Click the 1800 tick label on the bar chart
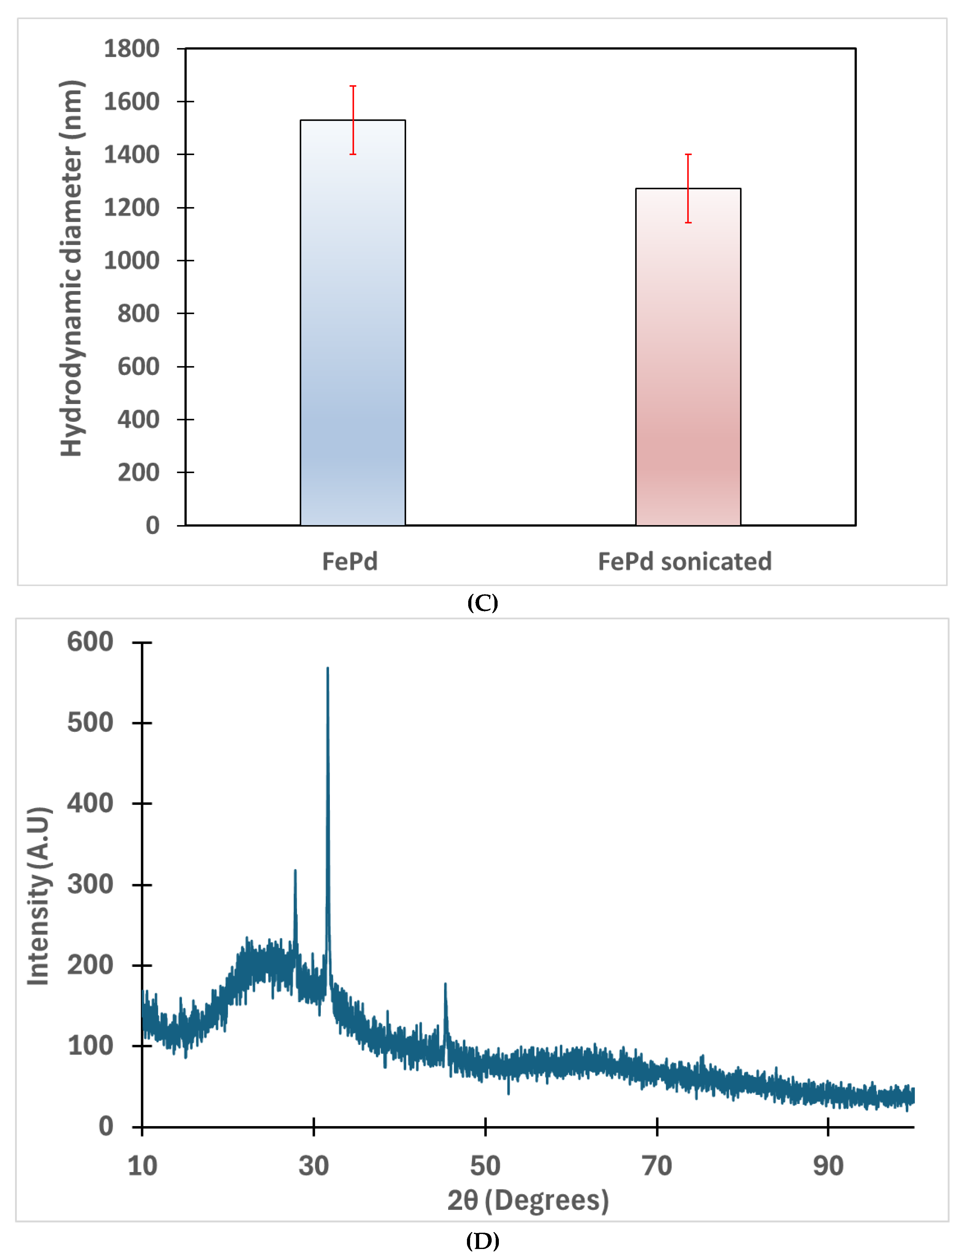point(131,49)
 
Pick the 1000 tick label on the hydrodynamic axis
point(131,260)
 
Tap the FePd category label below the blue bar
point(350,561)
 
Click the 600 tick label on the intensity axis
point(90,641)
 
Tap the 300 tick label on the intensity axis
point(90,884)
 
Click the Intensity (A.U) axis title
point(39,897)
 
